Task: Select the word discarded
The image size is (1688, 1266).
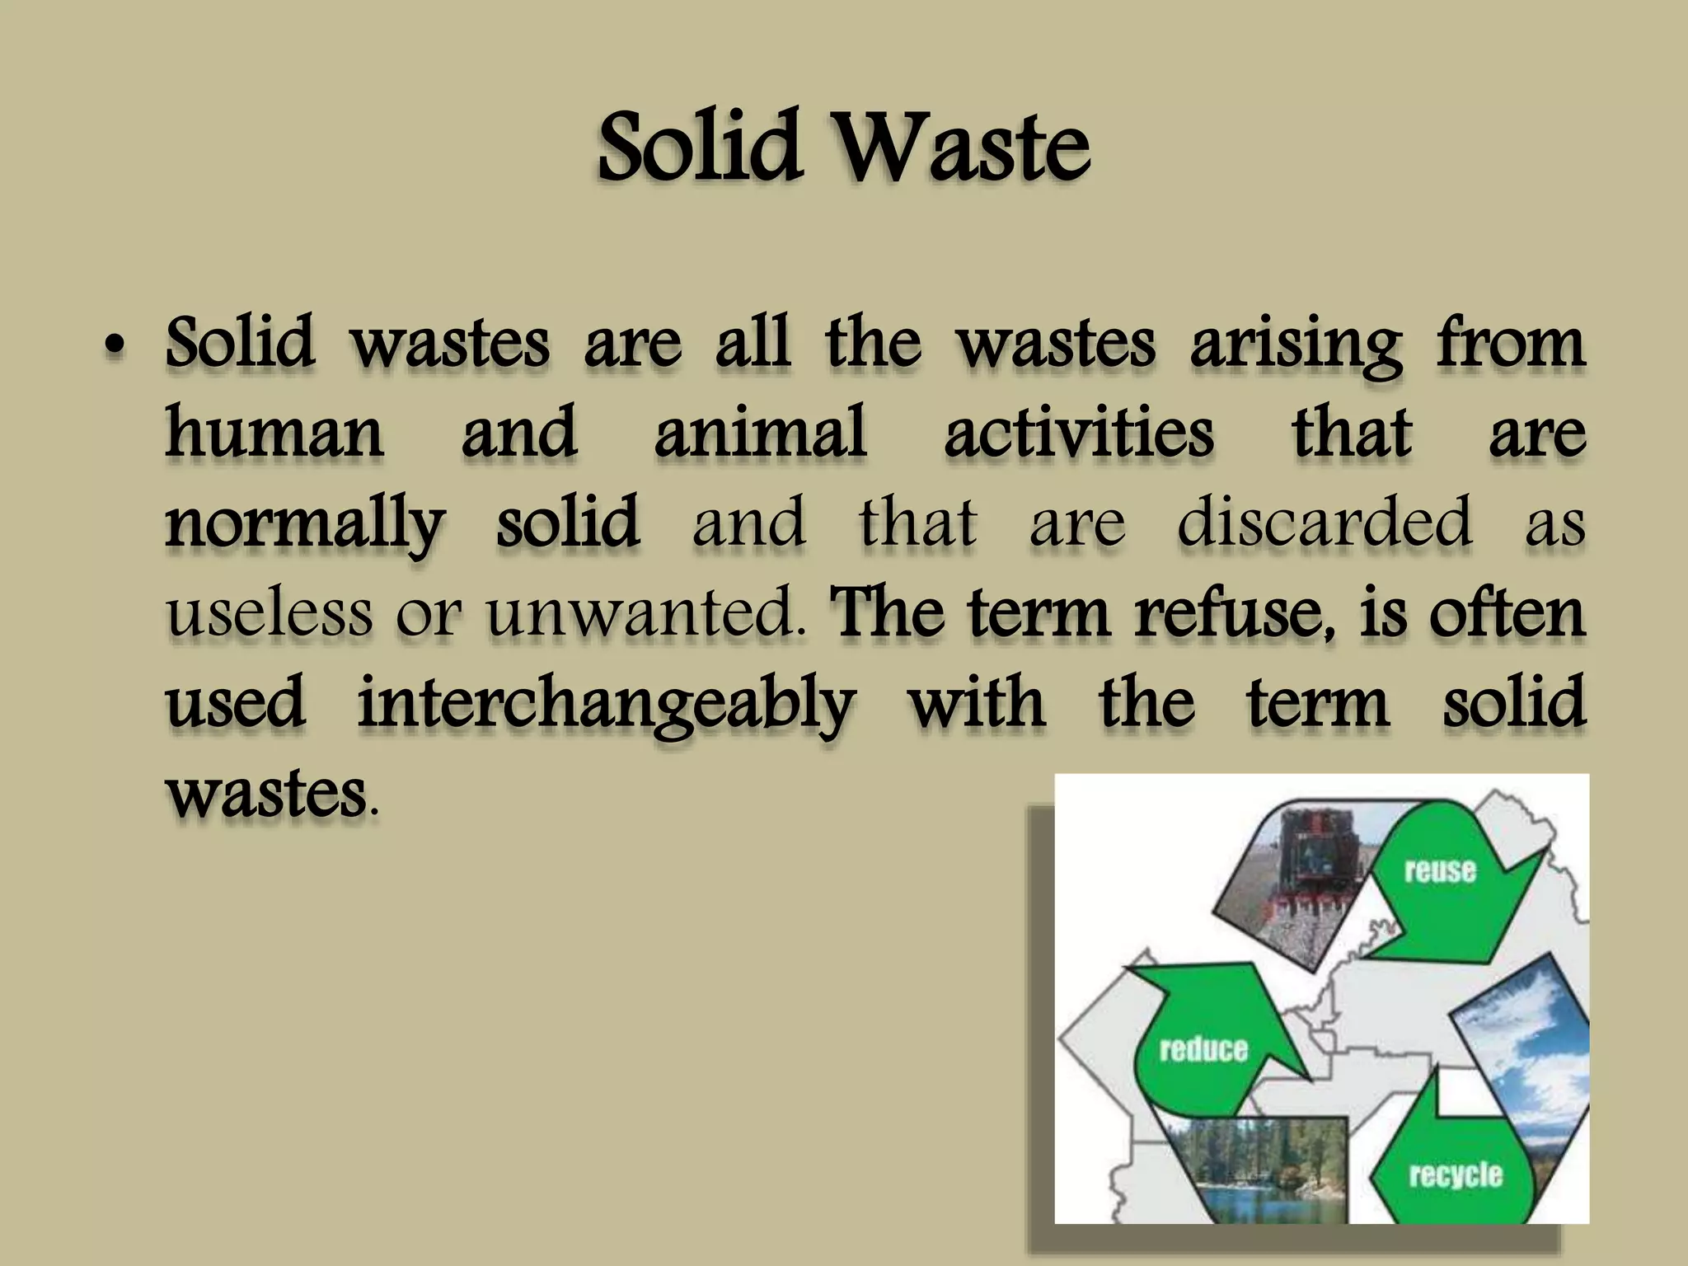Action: coord(1324,523)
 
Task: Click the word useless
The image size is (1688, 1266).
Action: coord(269,614)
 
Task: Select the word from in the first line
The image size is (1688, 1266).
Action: coord(1511,345)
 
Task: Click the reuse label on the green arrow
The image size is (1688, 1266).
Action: coord(1439,870)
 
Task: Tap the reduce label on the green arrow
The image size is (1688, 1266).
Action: coord(1203,1049)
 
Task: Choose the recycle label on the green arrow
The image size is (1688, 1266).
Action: coord(1456,1175)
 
